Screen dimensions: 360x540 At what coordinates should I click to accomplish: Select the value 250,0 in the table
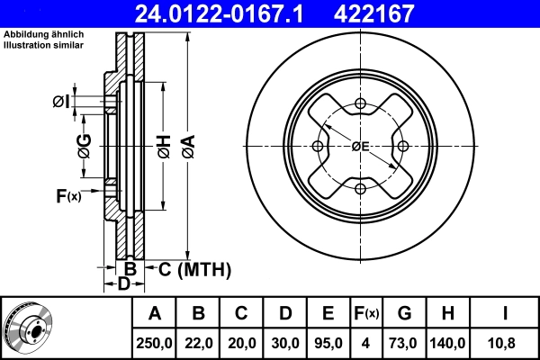pyautogui.click(x=155, y=342)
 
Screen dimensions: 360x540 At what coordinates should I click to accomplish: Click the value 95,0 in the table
pyautogui.click(x=328, y=342)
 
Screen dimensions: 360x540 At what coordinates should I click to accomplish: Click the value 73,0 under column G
pyautogui.click(x=404, y=342)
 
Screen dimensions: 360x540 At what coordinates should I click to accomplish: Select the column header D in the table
pyautogui.click(x=284, y=314)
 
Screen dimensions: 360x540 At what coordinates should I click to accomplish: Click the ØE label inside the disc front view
pyautogui.click(x=360, y=147)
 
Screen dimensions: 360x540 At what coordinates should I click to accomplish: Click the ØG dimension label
pyautogui.click(x=84, y=145)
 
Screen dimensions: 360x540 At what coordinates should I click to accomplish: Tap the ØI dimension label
pyautogui.click(x=61, y=101)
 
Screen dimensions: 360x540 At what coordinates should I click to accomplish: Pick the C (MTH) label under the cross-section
pyautogui.click(x=194, y=269)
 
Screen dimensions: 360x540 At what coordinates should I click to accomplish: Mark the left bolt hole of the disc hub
pyautogui.click(x=318, y=147)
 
